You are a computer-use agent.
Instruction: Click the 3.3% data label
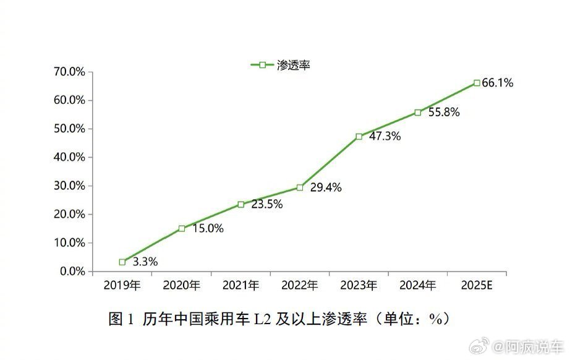point(145,262)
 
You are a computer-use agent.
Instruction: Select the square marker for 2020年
point(182,228)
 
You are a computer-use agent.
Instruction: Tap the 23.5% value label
point(266,204)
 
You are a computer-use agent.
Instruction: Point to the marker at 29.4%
point(300,187)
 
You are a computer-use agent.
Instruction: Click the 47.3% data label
point(385,136)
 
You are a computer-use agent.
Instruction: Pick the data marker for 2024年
point(418,113)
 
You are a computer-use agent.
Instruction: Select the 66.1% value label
point(498,83)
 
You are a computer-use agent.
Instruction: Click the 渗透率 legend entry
point(280,65)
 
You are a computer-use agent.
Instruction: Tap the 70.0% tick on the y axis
point(69,72)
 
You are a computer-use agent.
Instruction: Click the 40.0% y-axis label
point(69,157)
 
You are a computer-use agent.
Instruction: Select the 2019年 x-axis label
point(122,285)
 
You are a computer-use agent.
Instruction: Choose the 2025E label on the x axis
point(477,285)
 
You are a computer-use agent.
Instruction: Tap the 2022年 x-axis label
point(299,285)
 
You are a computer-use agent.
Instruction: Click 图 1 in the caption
point(121,319)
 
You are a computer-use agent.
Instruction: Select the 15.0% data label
point(208,228)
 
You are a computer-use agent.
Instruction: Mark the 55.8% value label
point(443,113)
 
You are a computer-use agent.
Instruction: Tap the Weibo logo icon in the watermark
point(496,345)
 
